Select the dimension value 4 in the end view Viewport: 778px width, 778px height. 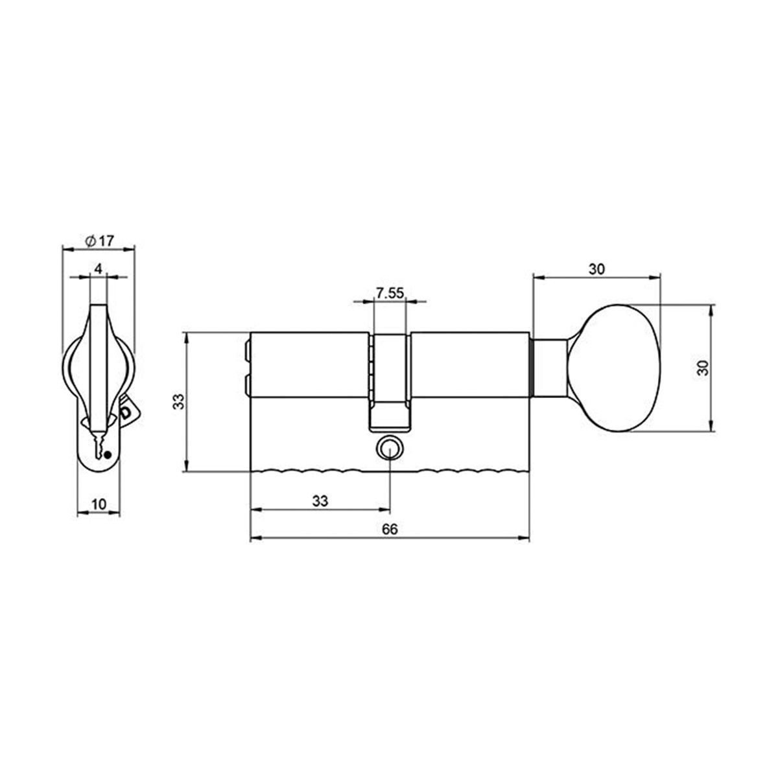coord(98,268)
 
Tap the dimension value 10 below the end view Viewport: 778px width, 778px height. coord(99,504)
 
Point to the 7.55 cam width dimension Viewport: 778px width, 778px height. coord(390,293)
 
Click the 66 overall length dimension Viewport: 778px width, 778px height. coord(389,529)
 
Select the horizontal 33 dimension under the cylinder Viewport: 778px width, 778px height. coord(320,501)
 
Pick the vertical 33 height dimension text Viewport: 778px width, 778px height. coord(182,402)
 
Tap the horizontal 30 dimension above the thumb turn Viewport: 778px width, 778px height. coord(596,269)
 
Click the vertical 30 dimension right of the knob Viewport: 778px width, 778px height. coord(702,368)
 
